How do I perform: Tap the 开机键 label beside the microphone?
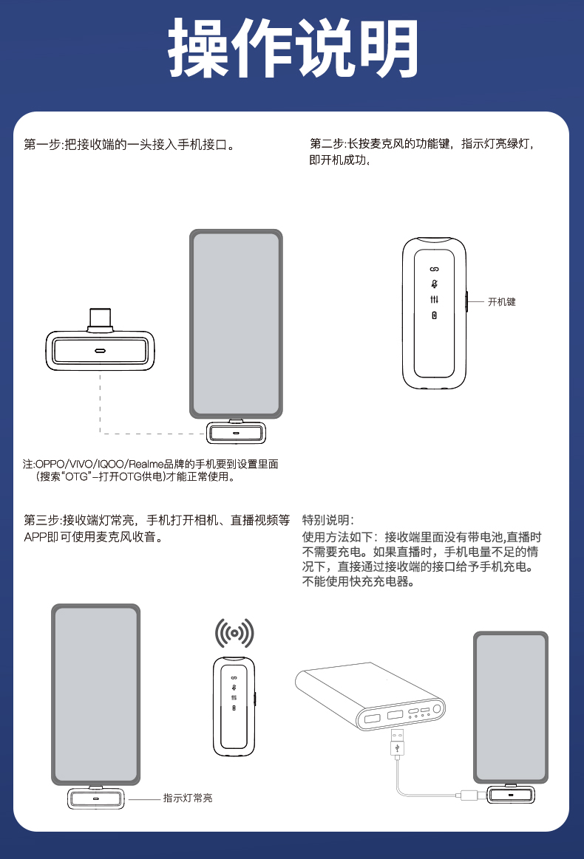point(502,302)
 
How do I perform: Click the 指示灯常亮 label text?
point(188,798)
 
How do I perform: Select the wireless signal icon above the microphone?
point(234,633)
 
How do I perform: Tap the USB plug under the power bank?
point(398,745)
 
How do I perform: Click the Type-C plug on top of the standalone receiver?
point(100,320)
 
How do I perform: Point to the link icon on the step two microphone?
point(434,269)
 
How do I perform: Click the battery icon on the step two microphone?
point(434,315)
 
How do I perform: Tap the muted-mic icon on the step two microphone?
point(434,284)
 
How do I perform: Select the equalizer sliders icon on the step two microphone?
point(434,300)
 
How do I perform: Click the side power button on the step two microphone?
point(466,301)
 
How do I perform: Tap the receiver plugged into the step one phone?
point(237,432)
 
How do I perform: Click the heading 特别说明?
point(328,520)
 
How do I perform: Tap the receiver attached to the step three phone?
point(96,798)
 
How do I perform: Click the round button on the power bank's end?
point(437,709)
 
